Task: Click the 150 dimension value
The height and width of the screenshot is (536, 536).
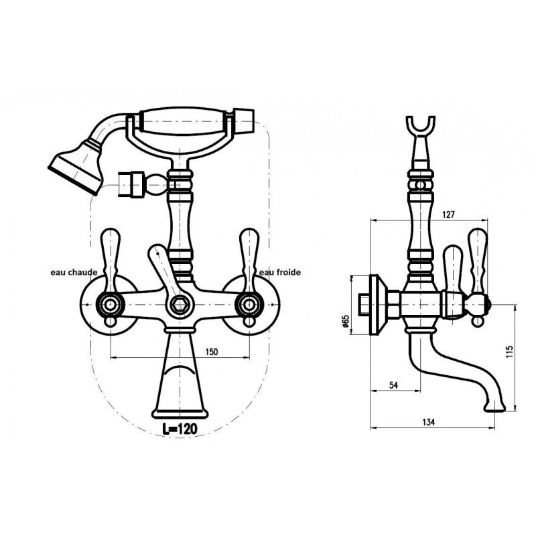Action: pos(212,352)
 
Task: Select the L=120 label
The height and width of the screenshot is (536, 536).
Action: pos(180,429)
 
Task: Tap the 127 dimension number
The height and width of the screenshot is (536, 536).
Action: pos(448,214)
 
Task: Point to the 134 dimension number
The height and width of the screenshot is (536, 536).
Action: pos(428,422)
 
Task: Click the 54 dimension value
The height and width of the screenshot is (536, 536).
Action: pos(394,385)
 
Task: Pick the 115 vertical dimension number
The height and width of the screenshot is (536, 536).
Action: pos(510,352)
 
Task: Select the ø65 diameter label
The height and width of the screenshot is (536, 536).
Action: pos(346,322)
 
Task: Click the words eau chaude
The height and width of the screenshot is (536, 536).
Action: pos(74,273)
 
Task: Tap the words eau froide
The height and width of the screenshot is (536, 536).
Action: pos(280,273)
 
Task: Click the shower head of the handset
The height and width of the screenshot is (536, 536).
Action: pos(77,167)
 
